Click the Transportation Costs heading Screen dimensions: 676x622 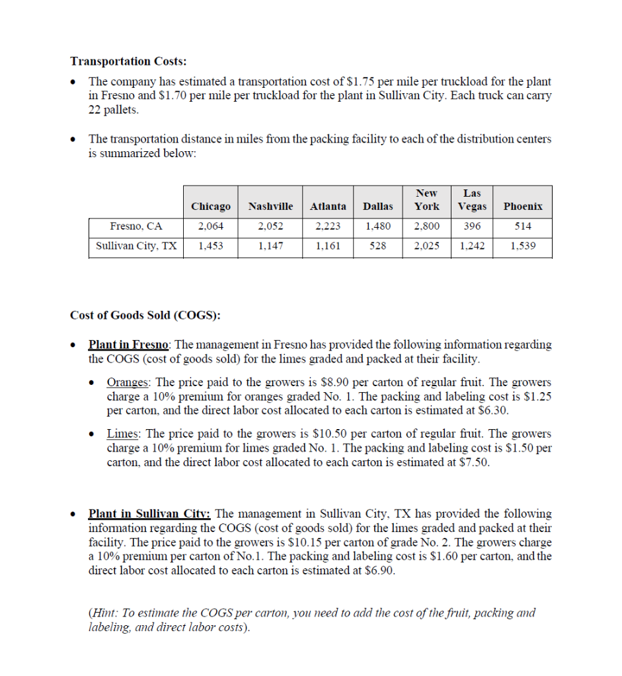point(128,61)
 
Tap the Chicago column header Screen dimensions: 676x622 point(211,207)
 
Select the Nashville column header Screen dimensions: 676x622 point(270,207)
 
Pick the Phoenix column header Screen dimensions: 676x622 point(523,207)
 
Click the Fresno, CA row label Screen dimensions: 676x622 point(136,226)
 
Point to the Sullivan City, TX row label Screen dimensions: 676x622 point(136,246)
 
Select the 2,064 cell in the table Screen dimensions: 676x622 point(211,226)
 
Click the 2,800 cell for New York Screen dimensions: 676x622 point(426,226)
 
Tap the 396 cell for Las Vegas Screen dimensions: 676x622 point(472,226)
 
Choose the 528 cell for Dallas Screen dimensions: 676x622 point(378,246)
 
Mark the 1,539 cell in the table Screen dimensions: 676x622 point(523,246)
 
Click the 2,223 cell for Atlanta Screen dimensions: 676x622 point(328,226)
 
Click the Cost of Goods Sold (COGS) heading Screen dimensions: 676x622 point(145,315)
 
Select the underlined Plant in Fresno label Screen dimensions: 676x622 point(129,345)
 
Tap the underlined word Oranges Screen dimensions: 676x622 point(128,383)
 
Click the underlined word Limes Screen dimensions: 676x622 point(123,434)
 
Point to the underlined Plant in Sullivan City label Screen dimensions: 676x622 point(149,514)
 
